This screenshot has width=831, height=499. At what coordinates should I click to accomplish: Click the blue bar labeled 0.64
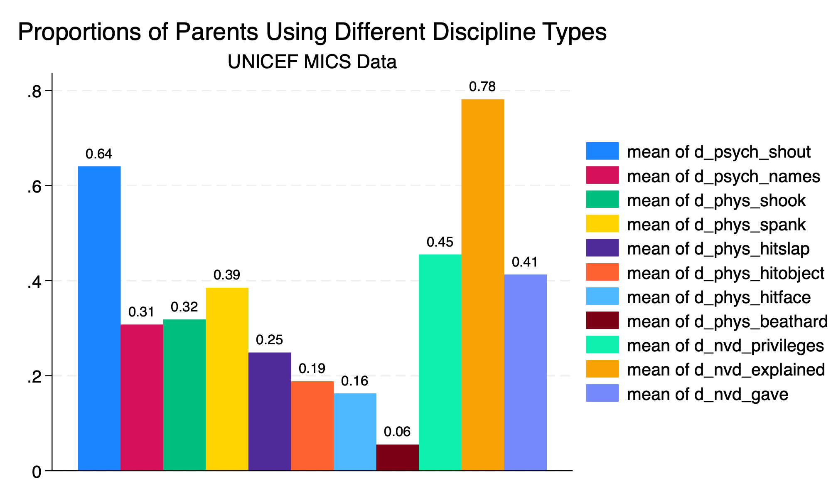click(99, 318)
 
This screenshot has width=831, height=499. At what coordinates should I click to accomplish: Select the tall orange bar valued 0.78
click(483, 285)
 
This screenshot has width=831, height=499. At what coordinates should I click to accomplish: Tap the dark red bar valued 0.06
click(398, 457)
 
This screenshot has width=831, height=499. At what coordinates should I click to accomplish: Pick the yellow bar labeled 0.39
click(227, 379)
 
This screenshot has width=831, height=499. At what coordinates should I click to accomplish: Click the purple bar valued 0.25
click(270, 411)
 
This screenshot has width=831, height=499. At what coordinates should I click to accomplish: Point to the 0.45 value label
click(440, 242)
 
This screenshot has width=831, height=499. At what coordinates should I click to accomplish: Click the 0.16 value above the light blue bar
click(355, 381)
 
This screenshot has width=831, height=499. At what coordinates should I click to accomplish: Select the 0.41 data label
click(525, 262)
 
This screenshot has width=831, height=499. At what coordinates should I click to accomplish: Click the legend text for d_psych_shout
click(719, 152)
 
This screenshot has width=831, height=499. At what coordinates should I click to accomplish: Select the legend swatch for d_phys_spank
click(602, 224)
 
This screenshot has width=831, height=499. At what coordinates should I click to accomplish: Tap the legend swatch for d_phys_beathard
click(602, 320)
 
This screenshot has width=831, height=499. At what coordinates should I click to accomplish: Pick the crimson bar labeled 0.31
click(142, 397)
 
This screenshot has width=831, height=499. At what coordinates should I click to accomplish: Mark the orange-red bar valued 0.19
click(312, 426)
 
